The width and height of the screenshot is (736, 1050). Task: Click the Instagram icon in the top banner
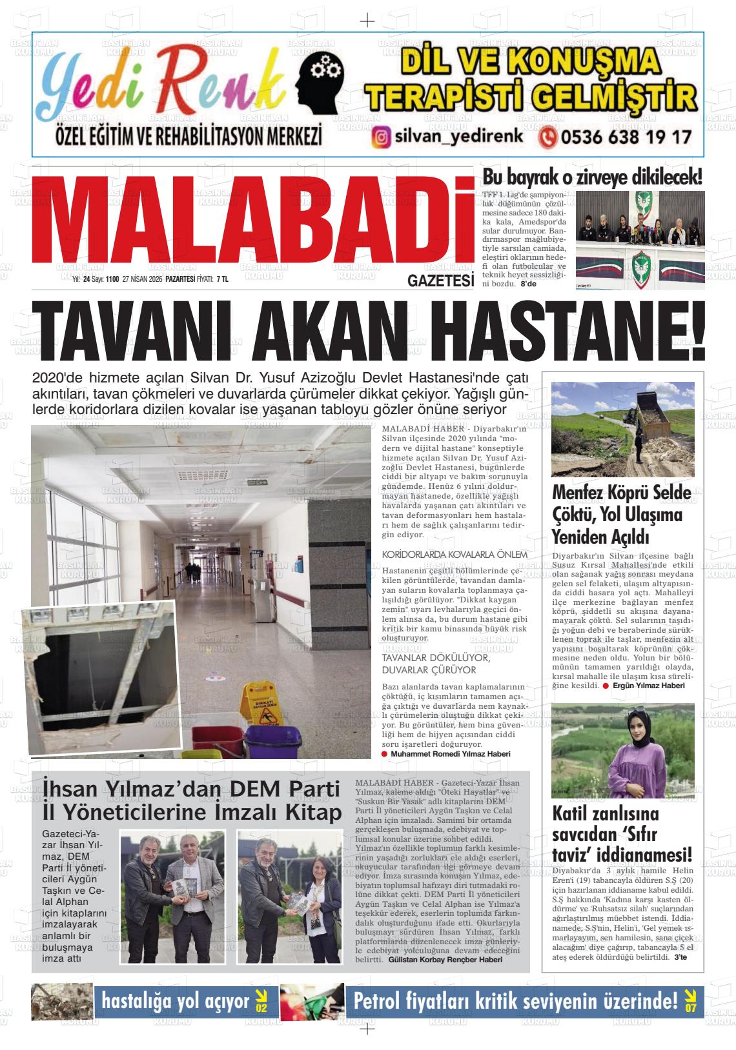point(382,137)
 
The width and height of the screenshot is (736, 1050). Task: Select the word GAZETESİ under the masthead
point(441,281)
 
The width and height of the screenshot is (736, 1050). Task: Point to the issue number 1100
point(112,279)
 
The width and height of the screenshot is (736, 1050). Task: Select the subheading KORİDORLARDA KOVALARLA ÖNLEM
point(455,555)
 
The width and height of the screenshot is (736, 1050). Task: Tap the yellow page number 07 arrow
point(691,1001)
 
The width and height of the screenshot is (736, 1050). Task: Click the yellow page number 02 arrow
point(261,1001)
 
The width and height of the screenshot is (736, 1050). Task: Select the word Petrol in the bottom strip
point(382,1001)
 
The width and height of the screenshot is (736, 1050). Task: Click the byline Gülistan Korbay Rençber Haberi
point(445,959)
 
